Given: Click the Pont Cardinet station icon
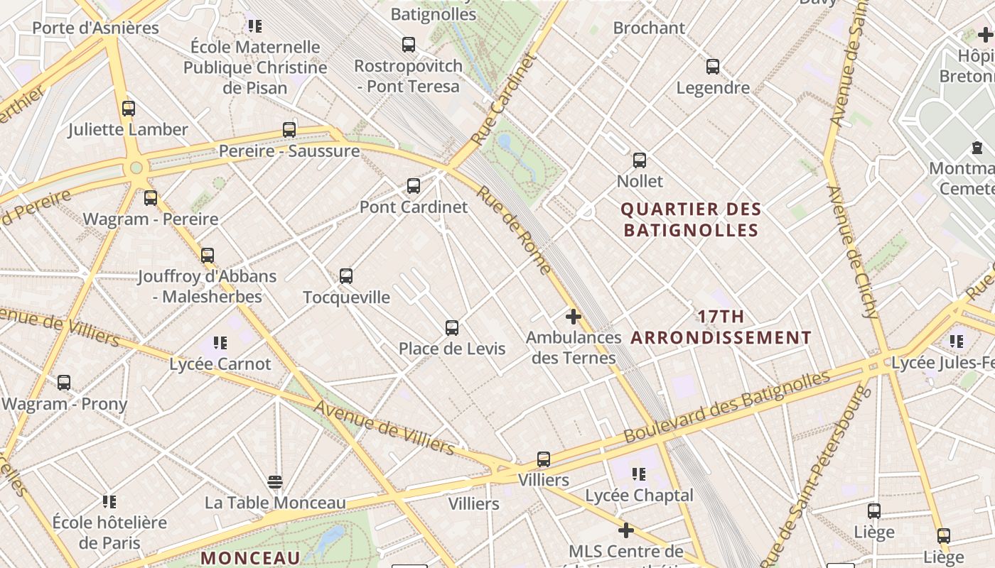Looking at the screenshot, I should [x=414, y=186].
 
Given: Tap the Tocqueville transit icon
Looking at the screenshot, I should [x=346, y=276].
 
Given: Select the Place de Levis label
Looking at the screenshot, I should [x=452, y=349].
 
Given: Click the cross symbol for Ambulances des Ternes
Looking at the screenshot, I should [x=574, y=317].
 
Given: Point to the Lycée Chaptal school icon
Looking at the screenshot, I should [x=639, y=474].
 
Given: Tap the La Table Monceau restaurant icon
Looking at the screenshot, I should [x=275, y=483].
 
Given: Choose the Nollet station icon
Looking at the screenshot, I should [x=640, y=160].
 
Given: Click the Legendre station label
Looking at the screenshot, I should [x=713, y=88].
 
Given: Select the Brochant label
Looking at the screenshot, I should [x=649, y=28].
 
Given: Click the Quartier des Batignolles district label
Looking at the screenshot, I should [x=691, y=219].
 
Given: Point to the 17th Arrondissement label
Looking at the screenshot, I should [x=721, y=327].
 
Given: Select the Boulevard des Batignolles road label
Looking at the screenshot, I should [x=726, y=406].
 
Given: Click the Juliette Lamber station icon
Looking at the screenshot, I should [x=129, y=109].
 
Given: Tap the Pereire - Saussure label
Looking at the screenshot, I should [x=289, y=151].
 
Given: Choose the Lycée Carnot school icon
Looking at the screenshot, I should [x=220, y=344].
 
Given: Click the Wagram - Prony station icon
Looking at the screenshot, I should [x=64, y=383].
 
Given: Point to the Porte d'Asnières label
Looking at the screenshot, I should [x=96, y=28].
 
